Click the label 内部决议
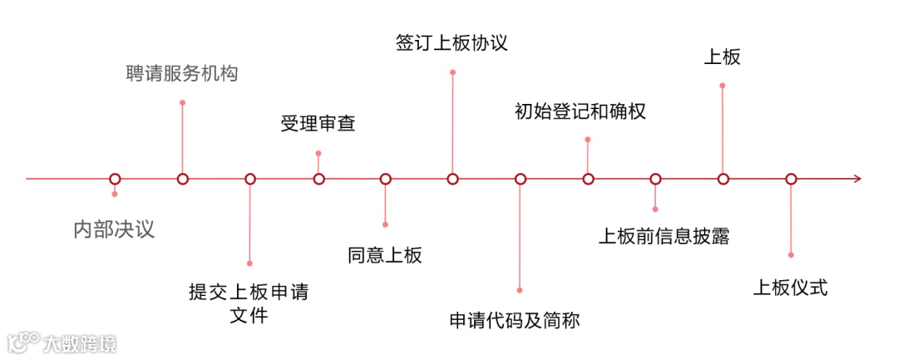pos(114,229)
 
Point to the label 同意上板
pos(385,254)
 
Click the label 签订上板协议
pos(451,42)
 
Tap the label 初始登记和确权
pos(580,111)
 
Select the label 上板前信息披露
pos(664,235)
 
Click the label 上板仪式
pos(791,288)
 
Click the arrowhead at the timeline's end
pos(857,179)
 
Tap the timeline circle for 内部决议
pos(115,179)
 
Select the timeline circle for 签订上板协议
pos(452,179)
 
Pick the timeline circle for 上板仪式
pos(791,179)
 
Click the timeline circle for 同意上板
pos(385,179)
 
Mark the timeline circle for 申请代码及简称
pos(521,179)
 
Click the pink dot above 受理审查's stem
pos(318,153)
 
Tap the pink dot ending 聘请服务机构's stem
pos(182,102)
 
